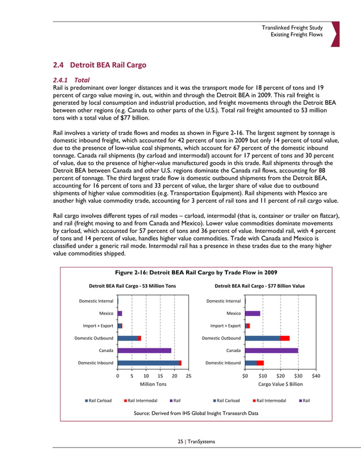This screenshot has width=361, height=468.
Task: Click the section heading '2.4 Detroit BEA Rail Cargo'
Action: point(99,65)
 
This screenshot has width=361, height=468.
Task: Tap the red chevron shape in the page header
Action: point(335,34)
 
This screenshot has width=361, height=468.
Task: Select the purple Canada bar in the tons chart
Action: point(144,350)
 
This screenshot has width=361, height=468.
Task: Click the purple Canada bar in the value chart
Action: point(271,350)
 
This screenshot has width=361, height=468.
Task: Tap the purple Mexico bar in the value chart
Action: point(252,313)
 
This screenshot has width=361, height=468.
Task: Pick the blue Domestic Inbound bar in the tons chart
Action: point(148,363)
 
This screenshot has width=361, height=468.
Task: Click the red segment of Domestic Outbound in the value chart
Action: point(285,338)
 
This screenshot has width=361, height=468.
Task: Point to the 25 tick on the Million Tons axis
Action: point(188,375)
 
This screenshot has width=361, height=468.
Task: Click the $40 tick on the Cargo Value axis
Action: point(316,375)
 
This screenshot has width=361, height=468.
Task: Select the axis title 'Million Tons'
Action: point(153,384)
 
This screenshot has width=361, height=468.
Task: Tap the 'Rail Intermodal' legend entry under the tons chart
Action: point(140,401)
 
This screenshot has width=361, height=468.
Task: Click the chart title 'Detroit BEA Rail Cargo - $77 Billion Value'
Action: point(260,286)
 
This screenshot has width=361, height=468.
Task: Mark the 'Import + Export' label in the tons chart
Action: point(99,326)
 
